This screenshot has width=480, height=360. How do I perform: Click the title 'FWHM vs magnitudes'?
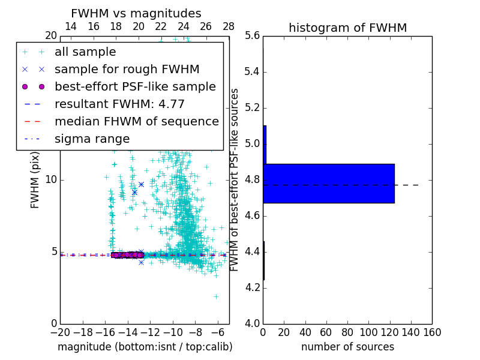[x=136, y=13]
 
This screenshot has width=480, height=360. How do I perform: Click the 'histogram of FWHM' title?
[x=347, y=28]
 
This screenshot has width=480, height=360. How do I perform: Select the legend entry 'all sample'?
[x=85, y=52]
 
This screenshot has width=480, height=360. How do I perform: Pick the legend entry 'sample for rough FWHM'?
[x=127, y=70]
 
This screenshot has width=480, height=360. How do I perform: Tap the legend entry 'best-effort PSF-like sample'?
[x=135, y=87]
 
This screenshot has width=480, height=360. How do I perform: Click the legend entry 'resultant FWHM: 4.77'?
[x=119, y=104]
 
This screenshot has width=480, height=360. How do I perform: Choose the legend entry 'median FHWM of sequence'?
[x=137, y=122]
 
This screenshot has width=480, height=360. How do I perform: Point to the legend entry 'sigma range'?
[x=92, y=139]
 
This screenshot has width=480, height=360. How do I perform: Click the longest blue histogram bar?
[x=329, y=183]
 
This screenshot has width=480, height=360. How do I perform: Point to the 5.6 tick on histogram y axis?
[x=252, y=36]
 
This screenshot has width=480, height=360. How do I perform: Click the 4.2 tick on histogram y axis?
[x=252, y=288]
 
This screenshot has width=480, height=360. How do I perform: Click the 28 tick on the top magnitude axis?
[x=229, y=26]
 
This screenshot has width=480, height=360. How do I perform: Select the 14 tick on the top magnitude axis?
[x=71, y=26]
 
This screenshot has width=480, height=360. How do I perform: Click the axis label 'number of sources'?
[x=347, y=347]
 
